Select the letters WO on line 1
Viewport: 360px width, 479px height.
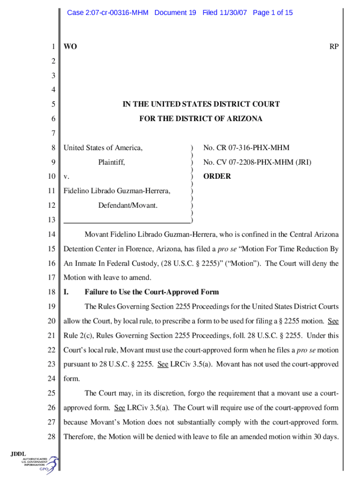(71, 47)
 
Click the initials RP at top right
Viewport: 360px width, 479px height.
(334, 47)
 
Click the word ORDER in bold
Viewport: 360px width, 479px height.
(217, 176)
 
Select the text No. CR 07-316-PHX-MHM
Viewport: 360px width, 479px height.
(246, 148)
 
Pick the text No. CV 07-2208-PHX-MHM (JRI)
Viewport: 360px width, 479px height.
(257, 162)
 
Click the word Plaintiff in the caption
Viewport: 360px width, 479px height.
(111, 162)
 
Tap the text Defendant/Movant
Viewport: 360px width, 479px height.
(128, 205)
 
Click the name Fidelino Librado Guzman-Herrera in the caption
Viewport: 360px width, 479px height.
(117, 191)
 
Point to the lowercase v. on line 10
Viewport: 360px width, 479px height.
(66, 177)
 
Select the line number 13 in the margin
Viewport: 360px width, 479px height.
(51, 220)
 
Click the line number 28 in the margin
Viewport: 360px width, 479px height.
(51, 437)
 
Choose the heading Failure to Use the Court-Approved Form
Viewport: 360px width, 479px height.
(151, 292)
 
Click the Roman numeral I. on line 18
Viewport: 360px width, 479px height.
(66, 292)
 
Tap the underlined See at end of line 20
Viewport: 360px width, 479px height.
(333, 321)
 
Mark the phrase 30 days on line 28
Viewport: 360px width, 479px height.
(325, 437)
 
